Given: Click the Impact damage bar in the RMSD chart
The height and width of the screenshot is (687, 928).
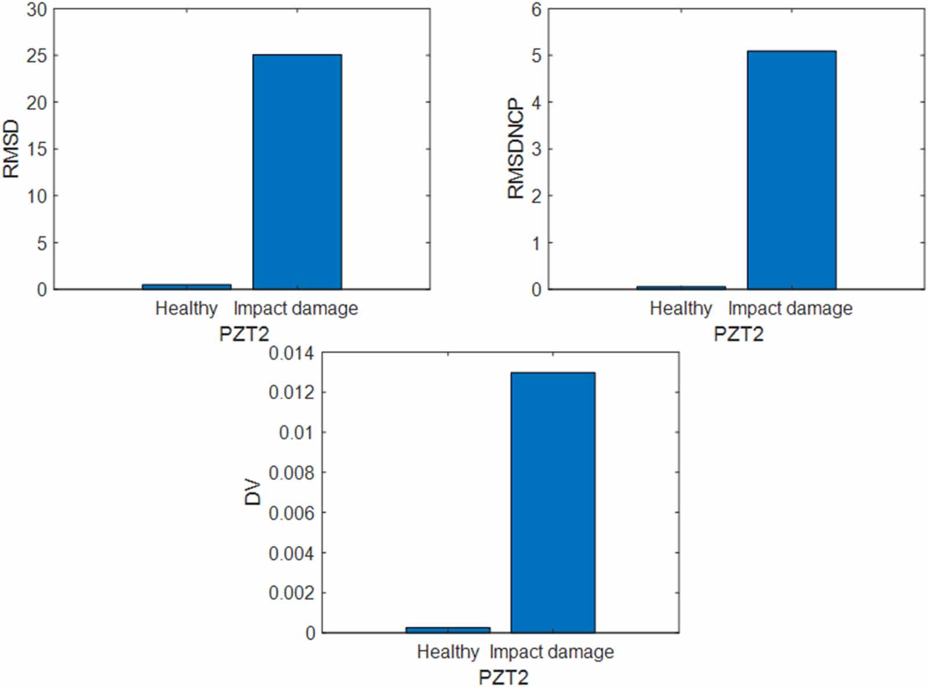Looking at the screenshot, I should (297, 172).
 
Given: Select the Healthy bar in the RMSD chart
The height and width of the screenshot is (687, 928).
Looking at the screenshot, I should (186, 286).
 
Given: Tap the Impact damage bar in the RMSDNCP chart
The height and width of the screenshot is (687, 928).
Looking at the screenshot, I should (791, 170).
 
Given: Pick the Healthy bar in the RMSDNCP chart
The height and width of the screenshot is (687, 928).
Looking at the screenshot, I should (681, 287).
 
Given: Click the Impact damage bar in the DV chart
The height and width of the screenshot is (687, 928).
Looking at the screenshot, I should (552, 502).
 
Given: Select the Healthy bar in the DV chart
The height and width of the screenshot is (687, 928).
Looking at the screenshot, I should (448, 630).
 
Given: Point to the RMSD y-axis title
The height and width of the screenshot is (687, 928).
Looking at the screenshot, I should (12, 149).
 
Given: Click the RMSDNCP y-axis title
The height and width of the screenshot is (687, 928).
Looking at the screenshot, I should (516, 149).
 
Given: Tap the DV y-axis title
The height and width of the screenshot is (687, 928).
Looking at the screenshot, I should (253, 492).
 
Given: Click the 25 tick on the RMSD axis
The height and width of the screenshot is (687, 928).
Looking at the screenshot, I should (38, 56).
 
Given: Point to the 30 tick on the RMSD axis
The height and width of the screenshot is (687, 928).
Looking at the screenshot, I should (38, 10).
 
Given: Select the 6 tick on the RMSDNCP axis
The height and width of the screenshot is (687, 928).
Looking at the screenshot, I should (536, 10).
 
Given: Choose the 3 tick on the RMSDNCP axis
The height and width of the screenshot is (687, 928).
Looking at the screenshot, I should (536, 149).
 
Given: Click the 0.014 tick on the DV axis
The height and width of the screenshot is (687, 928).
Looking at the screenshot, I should (291, 353).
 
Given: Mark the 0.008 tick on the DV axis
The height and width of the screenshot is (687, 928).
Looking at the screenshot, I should (291, 473).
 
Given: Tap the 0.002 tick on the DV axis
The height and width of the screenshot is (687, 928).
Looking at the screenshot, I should (291, 593).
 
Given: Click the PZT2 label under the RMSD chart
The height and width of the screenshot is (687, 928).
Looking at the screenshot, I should (244, 334).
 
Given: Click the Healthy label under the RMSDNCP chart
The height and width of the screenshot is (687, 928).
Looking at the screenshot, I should (681, 308).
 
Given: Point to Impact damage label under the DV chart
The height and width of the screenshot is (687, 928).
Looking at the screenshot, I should (552, 652).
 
